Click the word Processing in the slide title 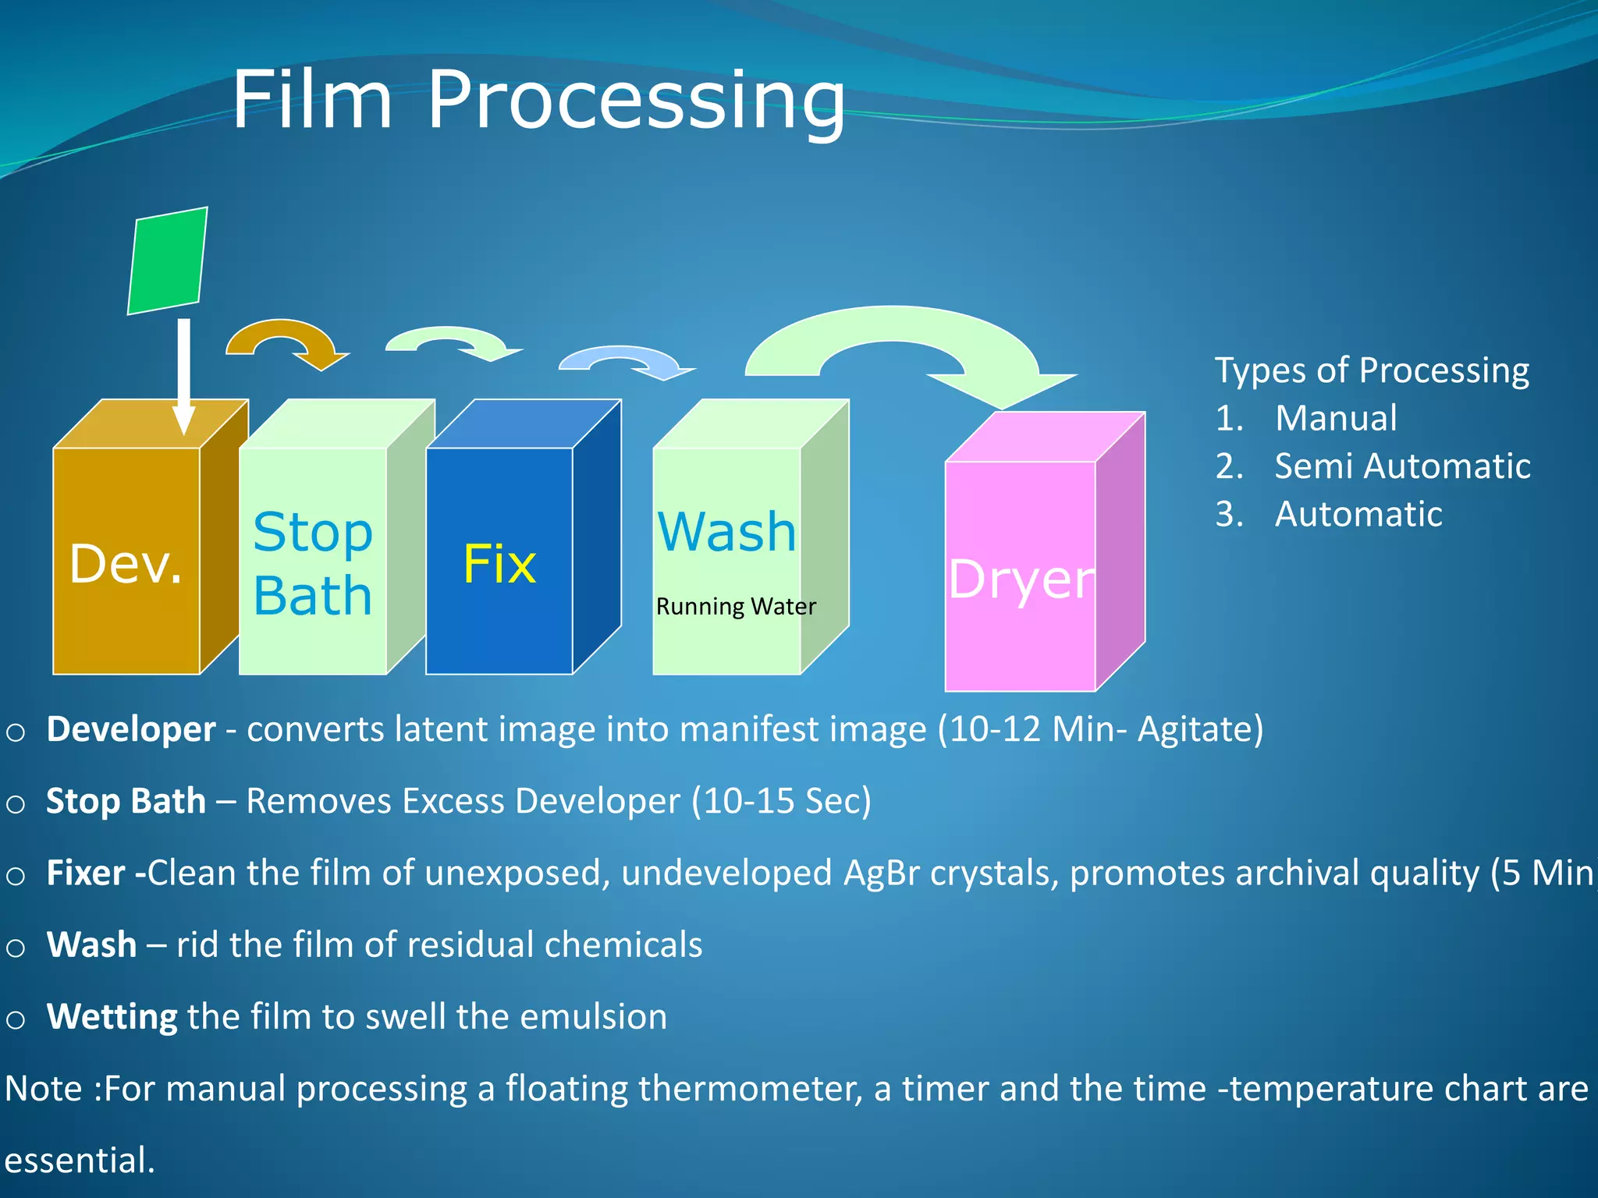(x=636, y=100)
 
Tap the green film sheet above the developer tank (x=167, y=261)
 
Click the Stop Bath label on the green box (x=313, y=563)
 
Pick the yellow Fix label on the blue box (x=499, y=564)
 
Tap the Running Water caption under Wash (x=735, y=607)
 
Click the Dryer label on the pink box (x=1021, y=579)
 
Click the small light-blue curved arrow (x=624, y=360)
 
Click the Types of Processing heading (x=1372, y=370)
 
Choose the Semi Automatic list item (x=1401, y=466)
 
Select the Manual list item (x=1336, y=419)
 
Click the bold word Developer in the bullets (x=131, y=730)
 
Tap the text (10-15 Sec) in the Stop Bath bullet (x=781, y=801)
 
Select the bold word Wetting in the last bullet (x=112, y=1017)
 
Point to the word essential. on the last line (x=80, y=1161)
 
